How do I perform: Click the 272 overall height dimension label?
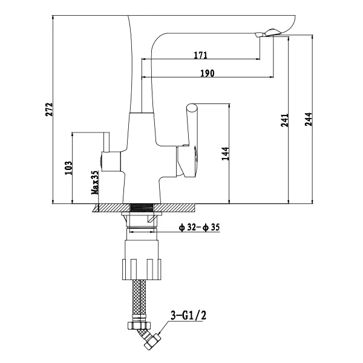coord(49,110)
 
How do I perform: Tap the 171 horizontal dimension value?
coord(200,55)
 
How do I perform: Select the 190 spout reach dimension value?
coord(207,73)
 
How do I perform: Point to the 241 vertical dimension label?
coord(284,120)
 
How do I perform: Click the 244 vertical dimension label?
coord(308,119)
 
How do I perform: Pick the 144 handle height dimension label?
coord(225,154)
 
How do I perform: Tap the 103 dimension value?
coord(68,168)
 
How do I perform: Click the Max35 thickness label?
coord(95,183)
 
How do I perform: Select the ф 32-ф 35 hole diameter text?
coord(199,227)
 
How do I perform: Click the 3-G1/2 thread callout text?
coord(188,315)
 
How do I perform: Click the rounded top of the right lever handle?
coord(192,108)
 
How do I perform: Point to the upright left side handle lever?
coord(106,142)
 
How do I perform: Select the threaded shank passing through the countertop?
coord(142,208)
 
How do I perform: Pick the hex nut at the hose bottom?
coord(139,325)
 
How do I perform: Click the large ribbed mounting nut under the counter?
coord(142,269)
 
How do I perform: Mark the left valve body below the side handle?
coord(111,162)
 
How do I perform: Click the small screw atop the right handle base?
coord(185,145)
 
